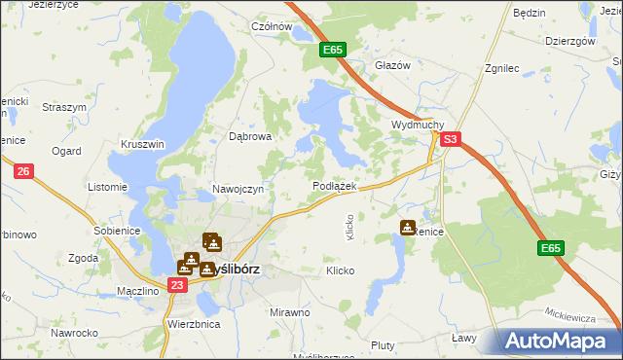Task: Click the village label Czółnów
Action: (272, 27)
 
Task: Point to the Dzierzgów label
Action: (570, 41)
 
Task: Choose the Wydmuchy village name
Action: (418, 126)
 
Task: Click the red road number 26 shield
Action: (24, 172)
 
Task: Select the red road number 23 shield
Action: (176, 285)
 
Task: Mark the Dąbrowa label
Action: (249, 137)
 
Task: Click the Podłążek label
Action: (335, 186)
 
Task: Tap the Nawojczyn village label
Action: (238, 189)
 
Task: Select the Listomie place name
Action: (107, 187)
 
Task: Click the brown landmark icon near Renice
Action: (408, 228)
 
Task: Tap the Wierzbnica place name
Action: (194, 323)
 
